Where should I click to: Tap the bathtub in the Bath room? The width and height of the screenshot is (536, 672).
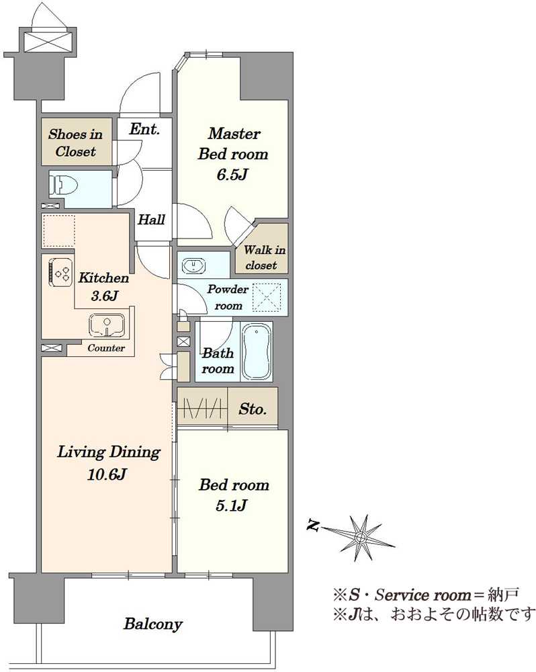click(256, 351)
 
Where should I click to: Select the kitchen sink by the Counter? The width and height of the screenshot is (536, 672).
click(107, 325)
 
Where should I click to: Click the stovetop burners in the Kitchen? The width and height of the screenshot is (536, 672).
click(60, 272)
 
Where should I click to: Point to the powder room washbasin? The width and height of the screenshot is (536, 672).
click(193, 265)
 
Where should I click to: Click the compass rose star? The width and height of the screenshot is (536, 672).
click(361, 538)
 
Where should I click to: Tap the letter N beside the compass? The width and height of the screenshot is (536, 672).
click(313, 525)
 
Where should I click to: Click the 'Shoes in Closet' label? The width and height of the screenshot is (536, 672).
click(75, 142)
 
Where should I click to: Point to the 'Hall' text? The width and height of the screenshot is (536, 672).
click(151, 220)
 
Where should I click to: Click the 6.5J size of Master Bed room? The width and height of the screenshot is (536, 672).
click(232, 175)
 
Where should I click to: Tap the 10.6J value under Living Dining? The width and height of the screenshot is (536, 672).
click(106, 474)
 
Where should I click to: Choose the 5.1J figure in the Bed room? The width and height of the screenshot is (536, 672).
click(231, 506)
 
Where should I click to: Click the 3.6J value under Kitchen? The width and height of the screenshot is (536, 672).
click(104, 296)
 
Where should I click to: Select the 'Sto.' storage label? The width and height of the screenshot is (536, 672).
click(253, 409)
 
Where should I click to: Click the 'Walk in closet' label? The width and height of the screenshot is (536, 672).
click(265, 257)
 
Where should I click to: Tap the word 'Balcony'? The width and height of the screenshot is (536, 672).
click(153, 624)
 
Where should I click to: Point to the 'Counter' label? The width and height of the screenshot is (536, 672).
click(106, 348)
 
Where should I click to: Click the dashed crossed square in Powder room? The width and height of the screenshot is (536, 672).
click(267, 296)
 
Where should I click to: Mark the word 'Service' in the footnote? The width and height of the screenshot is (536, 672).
click(402, 595)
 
